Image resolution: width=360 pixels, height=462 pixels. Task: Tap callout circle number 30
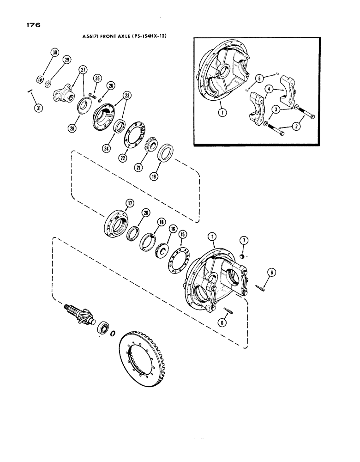[x=54, y=53]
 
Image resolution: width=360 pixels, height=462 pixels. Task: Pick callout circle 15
[x=182, y=235]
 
